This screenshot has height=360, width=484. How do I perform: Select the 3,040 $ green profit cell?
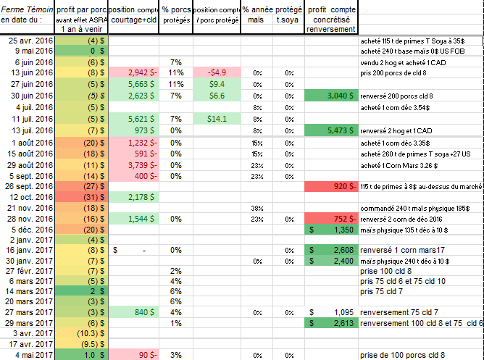coord(330,96)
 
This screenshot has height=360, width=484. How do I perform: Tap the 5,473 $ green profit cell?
coord(330,130)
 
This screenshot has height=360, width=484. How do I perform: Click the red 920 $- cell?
coord(330,186)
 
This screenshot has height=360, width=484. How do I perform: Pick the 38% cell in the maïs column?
coord(255,209)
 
